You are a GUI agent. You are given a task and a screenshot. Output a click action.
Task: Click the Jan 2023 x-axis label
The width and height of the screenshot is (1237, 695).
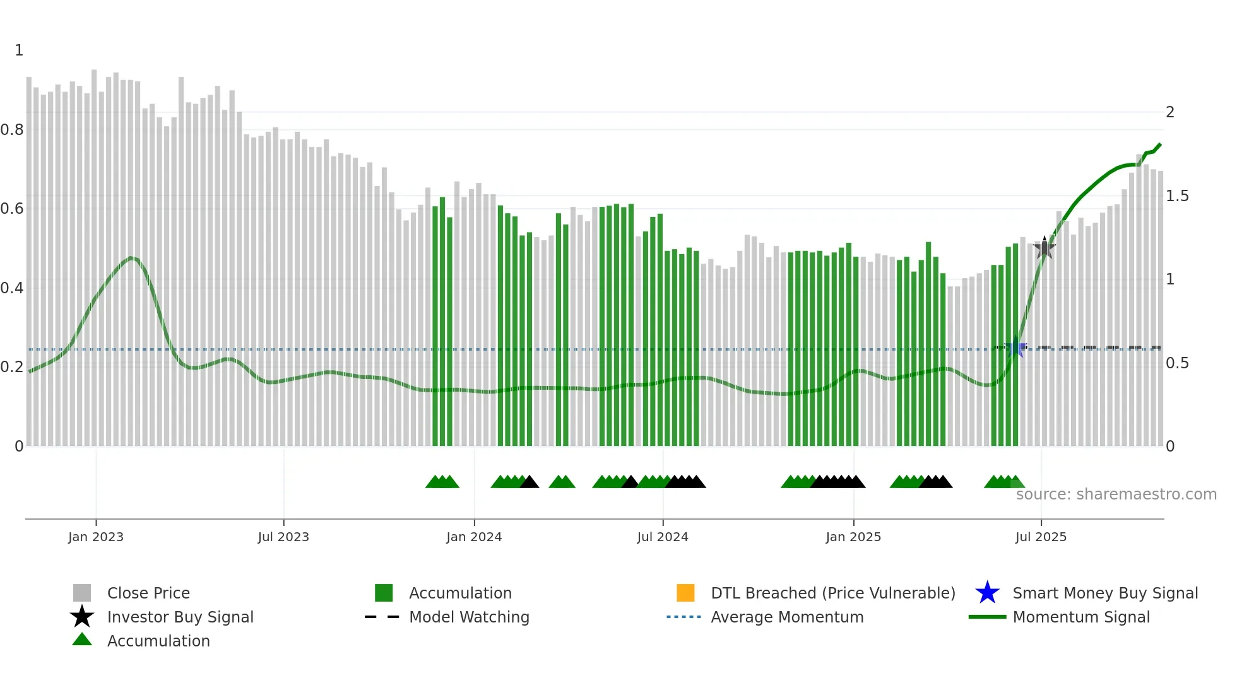click(96, 537)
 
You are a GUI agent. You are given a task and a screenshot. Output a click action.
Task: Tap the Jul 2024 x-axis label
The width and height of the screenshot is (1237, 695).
click(662, 537)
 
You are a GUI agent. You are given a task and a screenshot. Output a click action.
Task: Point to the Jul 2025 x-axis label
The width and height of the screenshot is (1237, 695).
click(1040, 537)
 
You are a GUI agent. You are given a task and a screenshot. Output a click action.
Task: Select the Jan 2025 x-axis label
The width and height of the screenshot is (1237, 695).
click(853, 537)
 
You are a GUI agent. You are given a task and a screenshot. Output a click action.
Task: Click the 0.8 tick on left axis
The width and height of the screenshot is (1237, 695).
click(12, 130)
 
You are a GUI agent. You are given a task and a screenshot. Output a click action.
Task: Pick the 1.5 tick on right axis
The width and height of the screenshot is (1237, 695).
click(1177, 196)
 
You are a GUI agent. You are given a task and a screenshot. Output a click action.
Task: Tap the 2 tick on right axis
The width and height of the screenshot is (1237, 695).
click(1170, 112)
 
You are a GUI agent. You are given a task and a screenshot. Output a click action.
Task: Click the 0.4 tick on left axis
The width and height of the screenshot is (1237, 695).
click(12, 288)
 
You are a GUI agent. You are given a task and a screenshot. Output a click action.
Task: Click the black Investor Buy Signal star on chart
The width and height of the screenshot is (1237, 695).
click(1045, 248)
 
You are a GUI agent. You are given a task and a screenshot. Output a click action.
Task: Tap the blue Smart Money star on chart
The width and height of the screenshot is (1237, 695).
click(1016, 348)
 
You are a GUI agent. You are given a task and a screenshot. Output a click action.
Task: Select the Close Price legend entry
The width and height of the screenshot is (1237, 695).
click(148, 593)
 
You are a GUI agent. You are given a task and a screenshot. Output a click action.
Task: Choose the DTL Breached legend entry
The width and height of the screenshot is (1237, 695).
click(832, 593)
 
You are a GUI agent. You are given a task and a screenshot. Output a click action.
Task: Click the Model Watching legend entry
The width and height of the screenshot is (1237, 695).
click(469, 617)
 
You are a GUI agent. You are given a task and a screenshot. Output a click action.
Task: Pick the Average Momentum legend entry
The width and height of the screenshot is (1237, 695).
click(787, 617)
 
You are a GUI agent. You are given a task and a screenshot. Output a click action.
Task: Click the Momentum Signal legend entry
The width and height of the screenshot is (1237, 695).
click(1081, 617)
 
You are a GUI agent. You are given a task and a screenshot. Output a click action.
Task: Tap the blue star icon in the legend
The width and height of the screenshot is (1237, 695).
click(987, 593)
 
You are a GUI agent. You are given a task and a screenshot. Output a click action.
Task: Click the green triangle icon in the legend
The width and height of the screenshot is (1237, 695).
click(82, 640)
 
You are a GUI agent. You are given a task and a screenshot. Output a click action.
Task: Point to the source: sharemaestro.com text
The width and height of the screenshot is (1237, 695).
click(1116, 494)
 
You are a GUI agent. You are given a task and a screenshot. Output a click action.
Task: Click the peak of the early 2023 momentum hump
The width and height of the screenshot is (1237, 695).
click(131, 257)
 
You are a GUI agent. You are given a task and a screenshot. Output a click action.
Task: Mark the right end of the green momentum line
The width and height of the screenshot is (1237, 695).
click(1160, 144)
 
